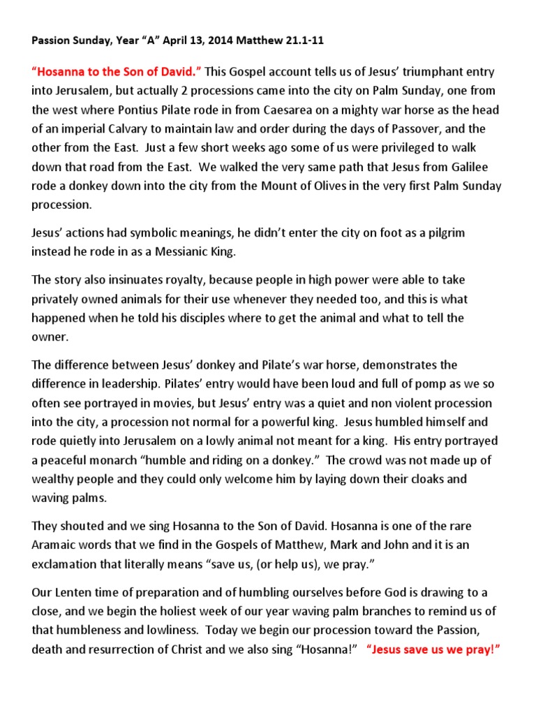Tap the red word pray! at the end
coord(479,649)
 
